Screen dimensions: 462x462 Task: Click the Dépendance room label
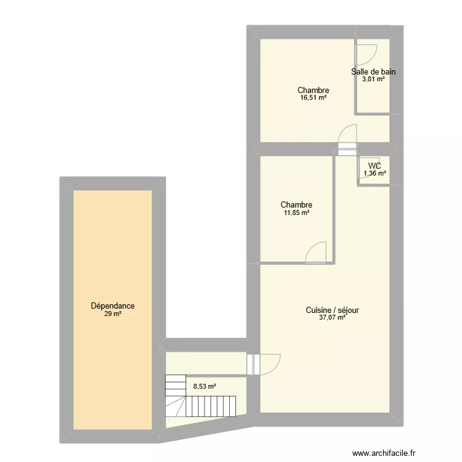(x=113, y=306)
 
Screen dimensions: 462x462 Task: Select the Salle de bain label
(x=373, y=71)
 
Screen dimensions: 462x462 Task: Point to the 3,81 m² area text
(x=373, y=79)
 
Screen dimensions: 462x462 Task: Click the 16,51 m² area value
(x=314, y=98)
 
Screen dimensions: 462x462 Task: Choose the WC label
(x=375, y=166)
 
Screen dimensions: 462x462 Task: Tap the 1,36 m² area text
(x=375, y=173)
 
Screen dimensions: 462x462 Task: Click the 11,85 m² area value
(x=296, y=213)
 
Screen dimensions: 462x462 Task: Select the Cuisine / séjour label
(x=332, y=310)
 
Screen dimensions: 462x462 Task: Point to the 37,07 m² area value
(x=332, y=318)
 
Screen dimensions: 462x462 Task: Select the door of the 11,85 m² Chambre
(x=317, y=252)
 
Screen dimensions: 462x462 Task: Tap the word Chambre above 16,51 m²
(x=314, y=90)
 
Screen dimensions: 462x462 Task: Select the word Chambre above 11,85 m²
(x=296, y=205)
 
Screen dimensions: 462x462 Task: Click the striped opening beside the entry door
(x=251, y=364)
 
